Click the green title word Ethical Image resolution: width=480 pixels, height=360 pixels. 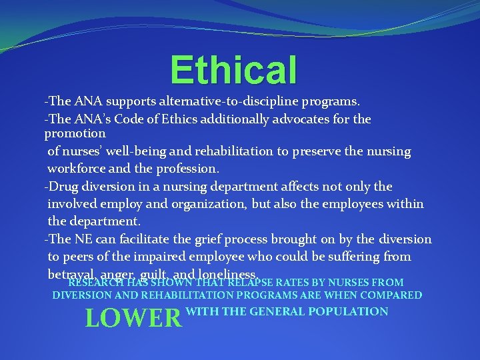click(233, 70)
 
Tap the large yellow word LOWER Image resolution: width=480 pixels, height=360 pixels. click(133, 319)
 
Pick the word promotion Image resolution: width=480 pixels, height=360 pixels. click(75, 133)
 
